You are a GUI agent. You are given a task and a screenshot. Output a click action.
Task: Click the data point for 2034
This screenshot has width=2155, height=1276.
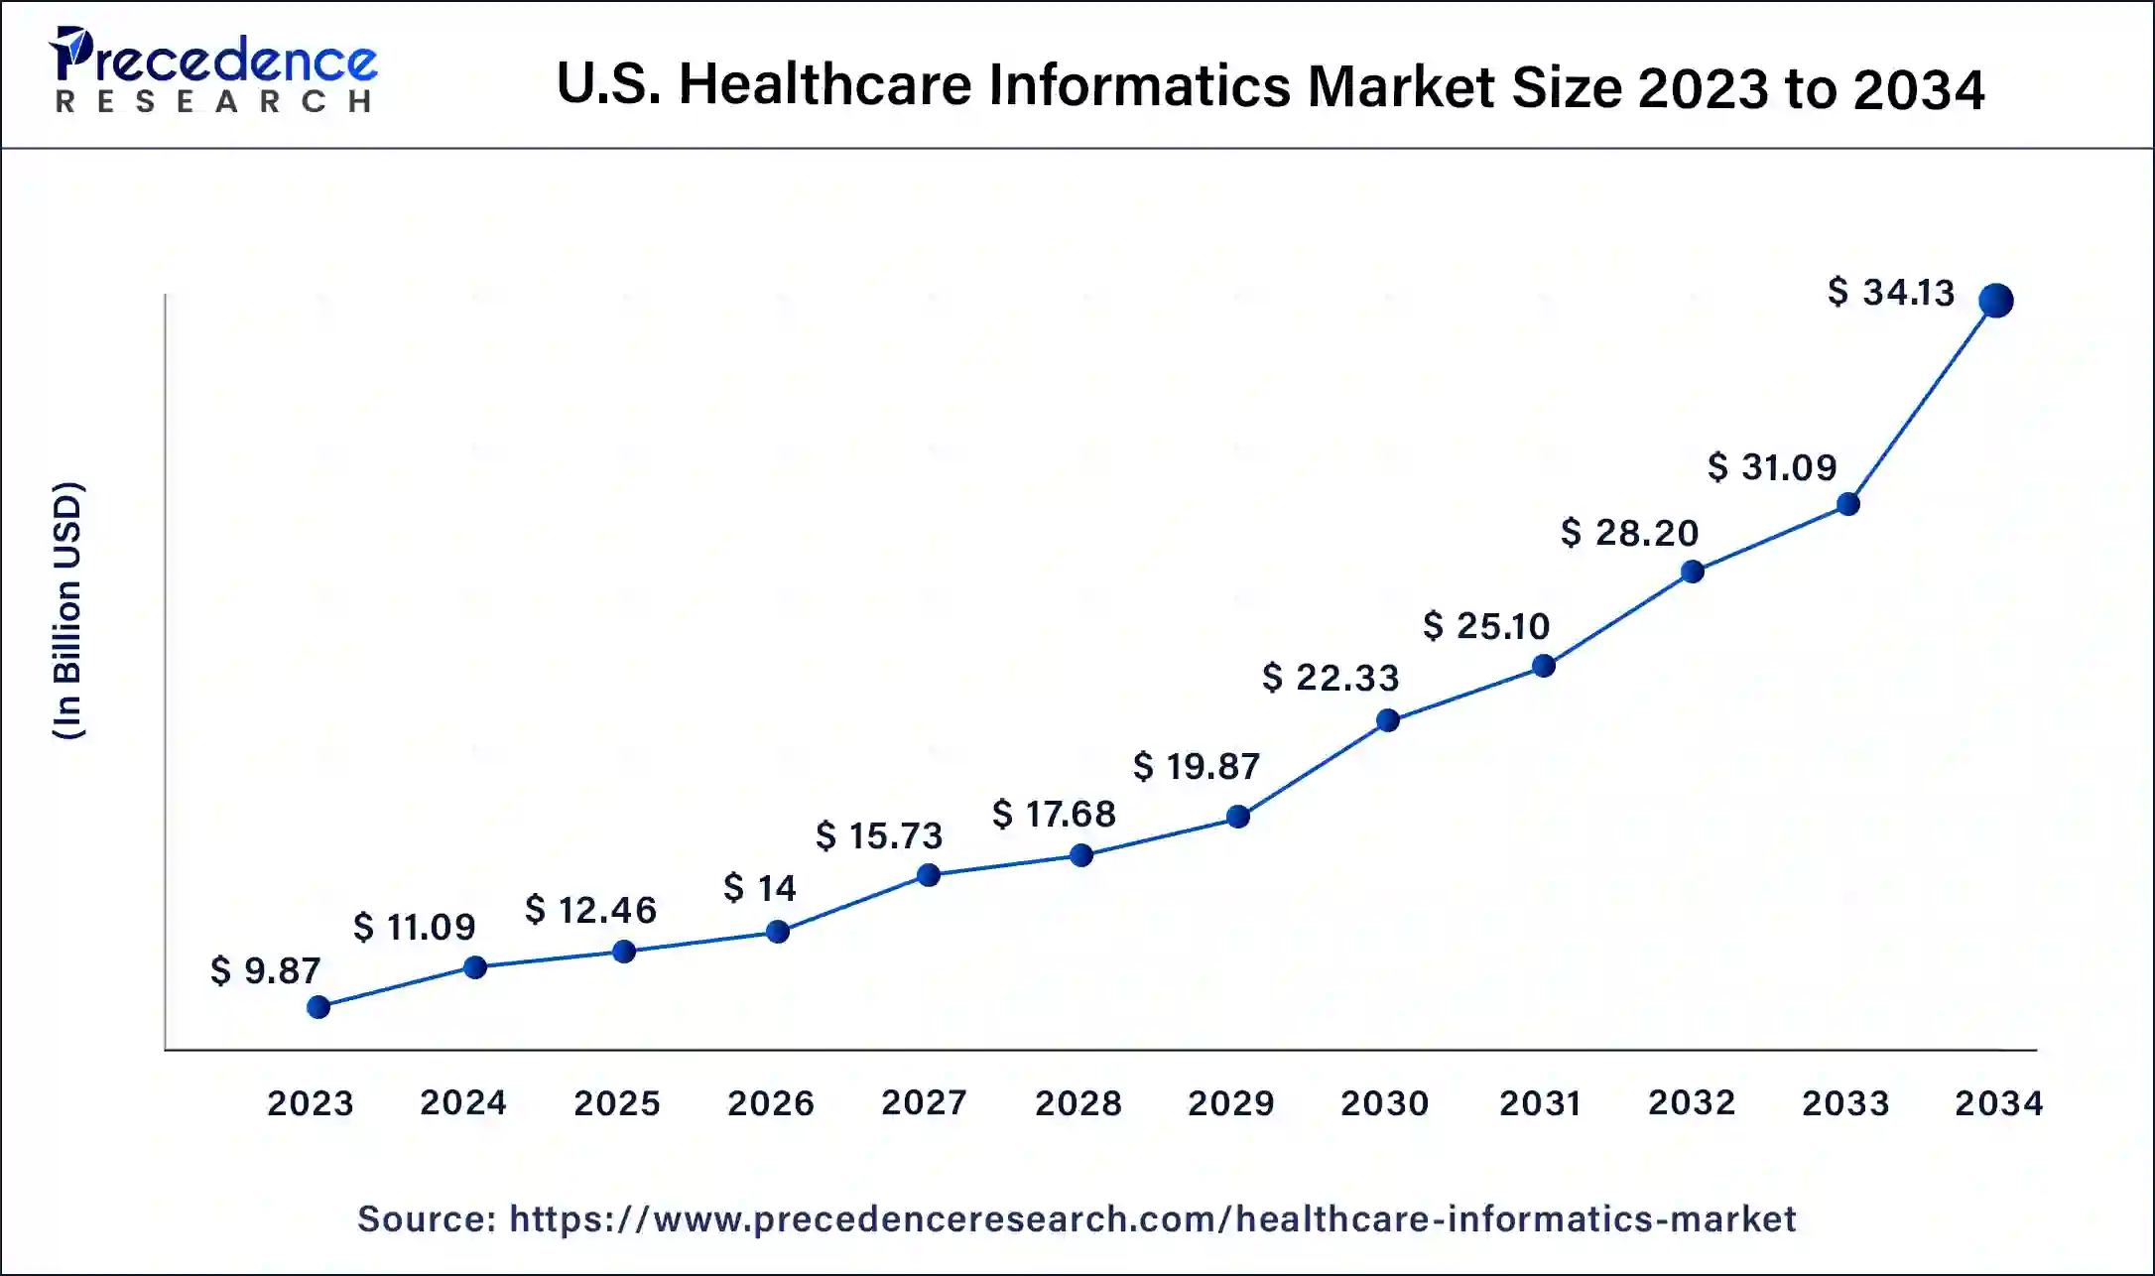click(1995, 300)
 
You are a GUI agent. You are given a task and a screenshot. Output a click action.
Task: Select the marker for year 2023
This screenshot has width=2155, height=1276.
click(318, 1007)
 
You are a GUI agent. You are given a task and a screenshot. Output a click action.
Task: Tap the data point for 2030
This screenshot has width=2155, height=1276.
click(1388, 720)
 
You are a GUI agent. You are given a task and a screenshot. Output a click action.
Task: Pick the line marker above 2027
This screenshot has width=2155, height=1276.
click(929, 875)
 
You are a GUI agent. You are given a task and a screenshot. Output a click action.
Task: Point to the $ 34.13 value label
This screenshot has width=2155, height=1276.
click(1890, 293)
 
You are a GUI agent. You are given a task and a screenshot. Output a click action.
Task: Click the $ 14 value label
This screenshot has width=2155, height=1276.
click(760, 887)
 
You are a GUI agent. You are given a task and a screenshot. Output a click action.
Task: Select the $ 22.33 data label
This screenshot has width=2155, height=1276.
click(1331, 678)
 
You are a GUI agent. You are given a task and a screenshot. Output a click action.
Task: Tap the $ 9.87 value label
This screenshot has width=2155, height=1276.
click(266, 970)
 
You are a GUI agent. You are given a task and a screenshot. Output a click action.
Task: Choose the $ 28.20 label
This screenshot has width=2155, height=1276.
click(1629, 533)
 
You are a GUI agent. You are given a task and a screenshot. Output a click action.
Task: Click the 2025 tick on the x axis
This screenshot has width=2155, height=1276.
click(617, 1103)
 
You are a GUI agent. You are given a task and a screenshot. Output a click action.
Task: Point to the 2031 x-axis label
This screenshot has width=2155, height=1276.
click(1540, 1103)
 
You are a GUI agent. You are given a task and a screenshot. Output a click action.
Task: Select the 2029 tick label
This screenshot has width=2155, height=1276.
click(1231, 1103)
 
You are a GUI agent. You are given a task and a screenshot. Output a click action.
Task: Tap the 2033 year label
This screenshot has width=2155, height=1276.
click(1845, 1103)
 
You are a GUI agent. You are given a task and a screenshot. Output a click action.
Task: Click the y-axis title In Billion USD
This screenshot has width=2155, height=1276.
click(67, 610)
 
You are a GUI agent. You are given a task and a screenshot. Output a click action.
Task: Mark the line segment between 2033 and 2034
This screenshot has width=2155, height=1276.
click(1922, 402)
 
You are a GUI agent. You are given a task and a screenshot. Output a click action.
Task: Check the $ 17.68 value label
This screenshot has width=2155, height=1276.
click(1054, 815)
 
